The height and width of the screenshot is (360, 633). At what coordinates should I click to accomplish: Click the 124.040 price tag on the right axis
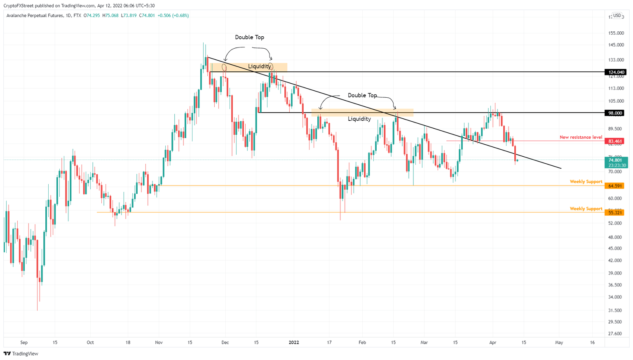click(x=615, y=72)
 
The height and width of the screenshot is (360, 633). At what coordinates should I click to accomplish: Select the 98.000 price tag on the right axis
click(x=615, y=113)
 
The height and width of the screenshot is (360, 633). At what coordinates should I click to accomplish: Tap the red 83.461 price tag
click(x=615, y=141)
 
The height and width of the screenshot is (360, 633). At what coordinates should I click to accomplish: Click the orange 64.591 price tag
click(x=615, y=186)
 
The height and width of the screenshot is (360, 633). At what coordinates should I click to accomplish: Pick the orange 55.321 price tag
click(x=615, y=213)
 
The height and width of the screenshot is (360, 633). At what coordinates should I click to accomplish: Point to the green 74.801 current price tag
click(x=616, y=162)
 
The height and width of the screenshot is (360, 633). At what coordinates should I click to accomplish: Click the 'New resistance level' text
click(x=581, y=137)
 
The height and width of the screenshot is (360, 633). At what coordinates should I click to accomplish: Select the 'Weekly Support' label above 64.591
click(x=586, y=182)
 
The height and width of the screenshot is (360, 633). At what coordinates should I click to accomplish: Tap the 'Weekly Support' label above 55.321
click(x=586, y=209)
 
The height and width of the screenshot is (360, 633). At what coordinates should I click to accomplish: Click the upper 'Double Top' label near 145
click(x=249, y=38)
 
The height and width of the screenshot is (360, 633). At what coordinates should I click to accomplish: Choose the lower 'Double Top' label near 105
click(x=362, y=95)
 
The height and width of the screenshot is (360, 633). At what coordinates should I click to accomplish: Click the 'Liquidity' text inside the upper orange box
click(x=259, y=66)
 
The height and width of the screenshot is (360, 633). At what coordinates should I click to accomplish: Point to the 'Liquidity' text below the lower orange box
click(x=359, y=119)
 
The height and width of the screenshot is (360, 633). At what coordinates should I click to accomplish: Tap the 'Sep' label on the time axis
click(x=24, y=343)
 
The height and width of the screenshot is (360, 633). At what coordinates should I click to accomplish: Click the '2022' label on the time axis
click(x=294, y=343)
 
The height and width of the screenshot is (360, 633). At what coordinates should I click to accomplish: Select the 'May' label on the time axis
click(x=559, y=343)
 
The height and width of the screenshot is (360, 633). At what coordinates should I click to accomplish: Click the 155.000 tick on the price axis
click(x=616, y=33)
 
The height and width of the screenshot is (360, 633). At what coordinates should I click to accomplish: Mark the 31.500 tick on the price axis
click(x=615, y=311)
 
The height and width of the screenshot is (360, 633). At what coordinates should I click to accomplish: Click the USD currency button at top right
click(x=617, y=16)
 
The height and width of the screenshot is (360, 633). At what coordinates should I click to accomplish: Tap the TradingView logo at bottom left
click(x=21, y=354)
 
